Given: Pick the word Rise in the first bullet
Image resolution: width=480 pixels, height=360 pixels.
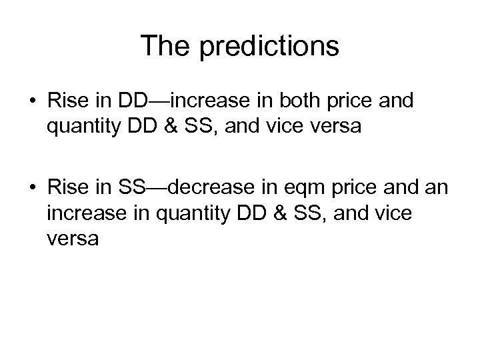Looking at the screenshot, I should (x=67, y=101).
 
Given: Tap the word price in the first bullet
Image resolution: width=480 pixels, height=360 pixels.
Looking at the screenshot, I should (x=351, y=101).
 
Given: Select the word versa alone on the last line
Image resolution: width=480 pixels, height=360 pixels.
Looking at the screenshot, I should (x=73, y=239).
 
